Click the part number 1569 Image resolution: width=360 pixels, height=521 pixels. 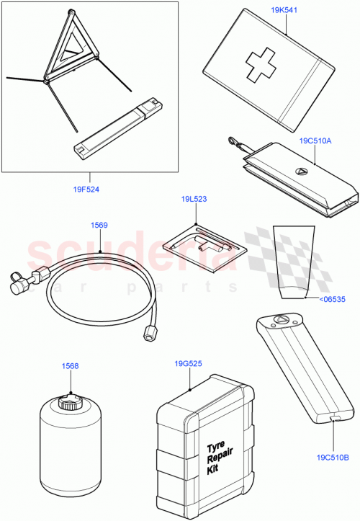coord(99,226)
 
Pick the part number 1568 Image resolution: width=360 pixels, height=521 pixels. coord(70,366)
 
